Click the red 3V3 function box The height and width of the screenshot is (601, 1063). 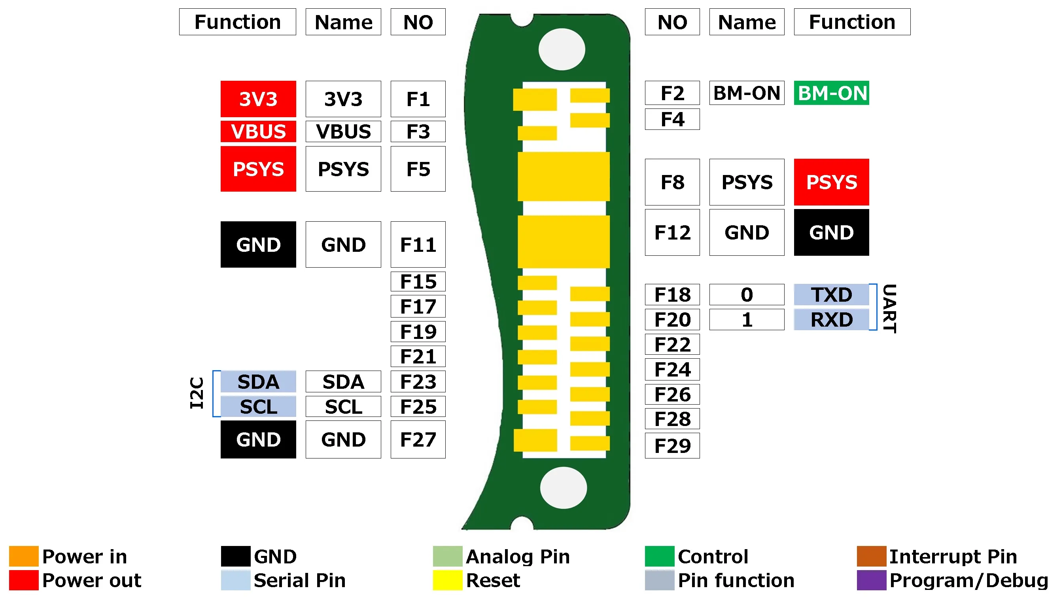point(258,99)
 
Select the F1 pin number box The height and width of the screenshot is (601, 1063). point(418,99)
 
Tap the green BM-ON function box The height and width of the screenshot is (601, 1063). point(831,93)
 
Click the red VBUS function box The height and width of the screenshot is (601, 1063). point(258,131)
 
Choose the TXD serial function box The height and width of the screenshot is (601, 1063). point(831,295)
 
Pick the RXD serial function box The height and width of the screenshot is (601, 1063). point(831,320)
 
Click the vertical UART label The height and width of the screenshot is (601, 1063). point(889,308)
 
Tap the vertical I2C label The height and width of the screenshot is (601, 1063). point(197,393)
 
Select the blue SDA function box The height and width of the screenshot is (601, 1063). point(258,382)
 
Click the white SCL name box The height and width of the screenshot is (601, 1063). point(343,407)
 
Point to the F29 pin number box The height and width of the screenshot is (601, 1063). point(672,446)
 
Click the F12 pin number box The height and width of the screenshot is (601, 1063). point(672,232)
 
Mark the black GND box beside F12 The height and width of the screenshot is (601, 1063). point(831,232)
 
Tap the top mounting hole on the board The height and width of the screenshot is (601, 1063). point(562,49)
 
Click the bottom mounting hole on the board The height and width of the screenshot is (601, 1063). point(563,488)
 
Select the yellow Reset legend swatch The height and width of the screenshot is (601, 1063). point(447,580)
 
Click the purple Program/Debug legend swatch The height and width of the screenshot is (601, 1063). point(871,580)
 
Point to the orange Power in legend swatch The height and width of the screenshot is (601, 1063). point(23,556)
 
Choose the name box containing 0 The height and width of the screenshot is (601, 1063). point(747,295)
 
